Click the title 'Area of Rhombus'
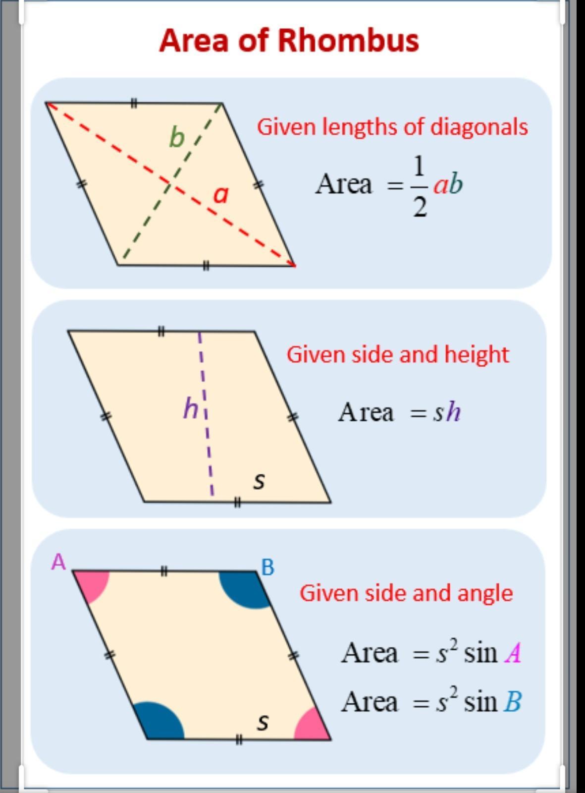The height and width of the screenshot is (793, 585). [289, 40]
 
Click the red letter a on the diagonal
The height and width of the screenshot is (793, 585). [221, 194]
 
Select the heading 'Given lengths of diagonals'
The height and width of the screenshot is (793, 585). [392, 127]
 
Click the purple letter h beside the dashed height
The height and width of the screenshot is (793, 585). [191, 409]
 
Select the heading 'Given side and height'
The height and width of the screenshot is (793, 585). [398, 354]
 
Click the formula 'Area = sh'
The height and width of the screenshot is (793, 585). [399, 412]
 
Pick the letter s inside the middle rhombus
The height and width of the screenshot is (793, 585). [259, 480]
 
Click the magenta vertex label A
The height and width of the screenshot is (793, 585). [58, 562]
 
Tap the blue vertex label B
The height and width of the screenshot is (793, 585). [267, 567]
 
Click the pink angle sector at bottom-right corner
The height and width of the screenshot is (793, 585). [311, 725]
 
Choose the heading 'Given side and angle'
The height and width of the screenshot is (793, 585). [406, 593]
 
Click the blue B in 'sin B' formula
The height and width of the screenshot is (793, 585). [513, 702]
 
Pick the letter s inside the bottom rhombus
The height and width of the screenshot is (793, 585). [263, 722]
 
